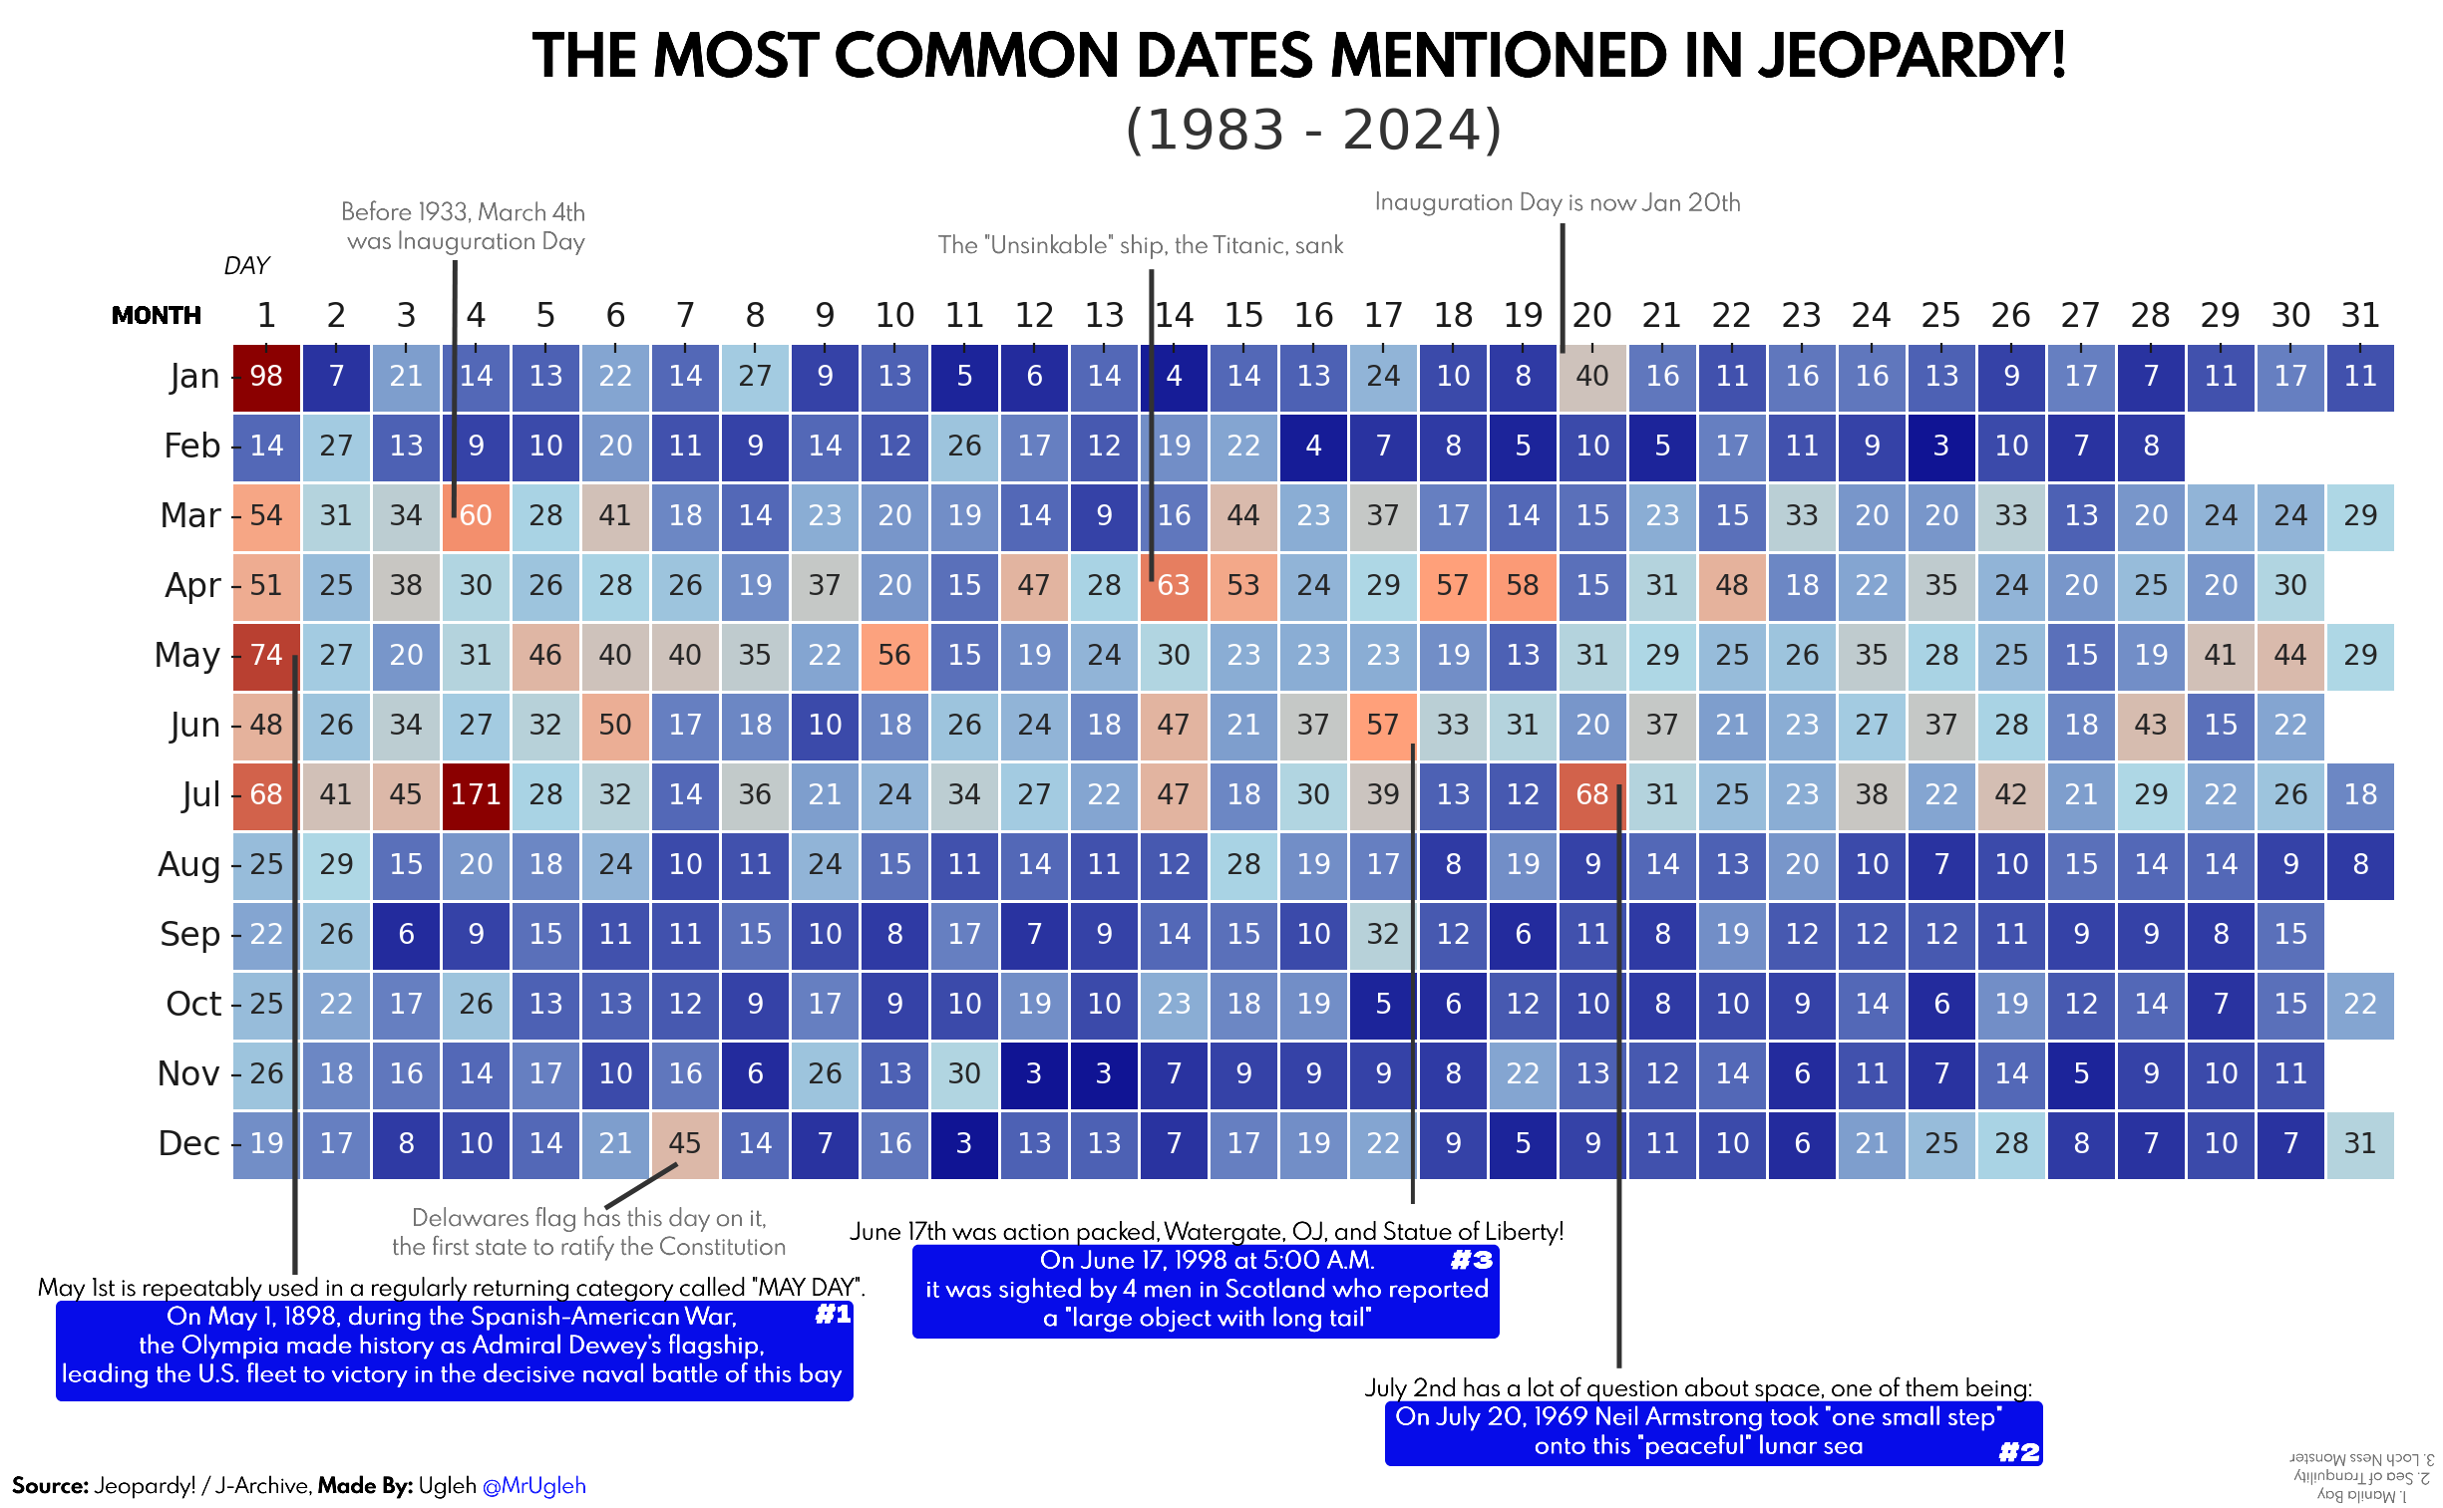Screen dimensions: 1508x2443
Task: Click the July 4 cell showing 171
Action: tap(475, 795)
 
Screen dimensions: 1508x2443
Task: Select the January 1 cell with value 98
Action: tap(266, 376)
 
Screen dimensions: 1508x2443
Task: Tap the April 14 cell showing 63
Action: tap(1173, 585)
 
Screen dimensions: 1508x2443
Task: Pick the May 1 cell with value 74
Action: tap(266, 655)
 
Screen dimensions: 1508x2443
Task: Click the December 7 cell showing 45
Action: tap(684, 1143)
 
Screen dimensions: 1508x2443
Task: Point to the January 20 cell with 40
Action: tap(1592, 376)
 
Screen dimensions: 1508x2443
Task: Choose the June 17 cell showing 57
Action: tap(1383, 725)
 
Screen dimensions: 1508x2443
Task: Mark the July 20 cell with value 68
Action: tap(1592, 795)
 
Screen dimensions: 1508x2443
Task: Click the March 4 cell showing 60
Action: tap(475, 515)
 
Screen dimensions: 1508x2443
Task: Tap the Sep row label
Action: tap(189, 935)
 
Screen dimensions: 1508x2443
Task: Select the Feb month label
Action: tap(191, 446)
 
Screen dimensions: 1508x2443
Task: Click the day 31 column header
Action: tap(2360, 315)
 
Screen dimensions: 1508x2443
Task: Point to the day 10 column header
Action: tap(894, 315)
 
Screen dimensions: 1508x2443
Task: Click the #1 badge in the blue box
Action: tap(833, 1315)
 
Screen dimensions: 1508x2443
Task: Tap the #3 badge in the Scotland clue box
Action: tap(1472, 1261)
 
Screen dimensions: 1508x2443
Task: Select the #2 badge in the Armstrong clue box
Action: tap(2019, 1452)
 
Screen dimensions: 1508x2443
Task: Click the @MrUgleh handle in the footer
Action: tap(533, 1486)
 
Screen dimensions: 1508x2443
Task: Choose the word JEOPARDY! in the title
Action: tap(1911, 56)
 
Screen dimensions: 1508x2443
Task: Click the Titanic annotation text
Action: tap(1140, 245)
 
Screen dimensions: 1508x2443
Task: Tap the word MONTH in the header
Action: tap(157, 316)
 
